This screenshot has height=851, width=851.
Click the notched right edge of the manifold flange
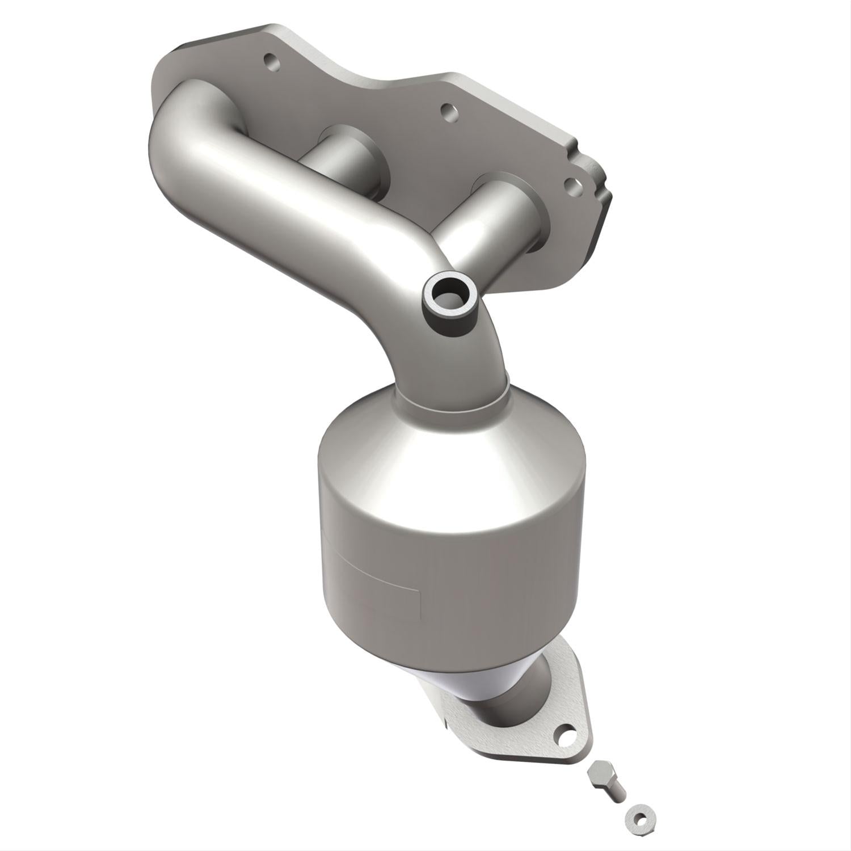pos(596,182)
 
